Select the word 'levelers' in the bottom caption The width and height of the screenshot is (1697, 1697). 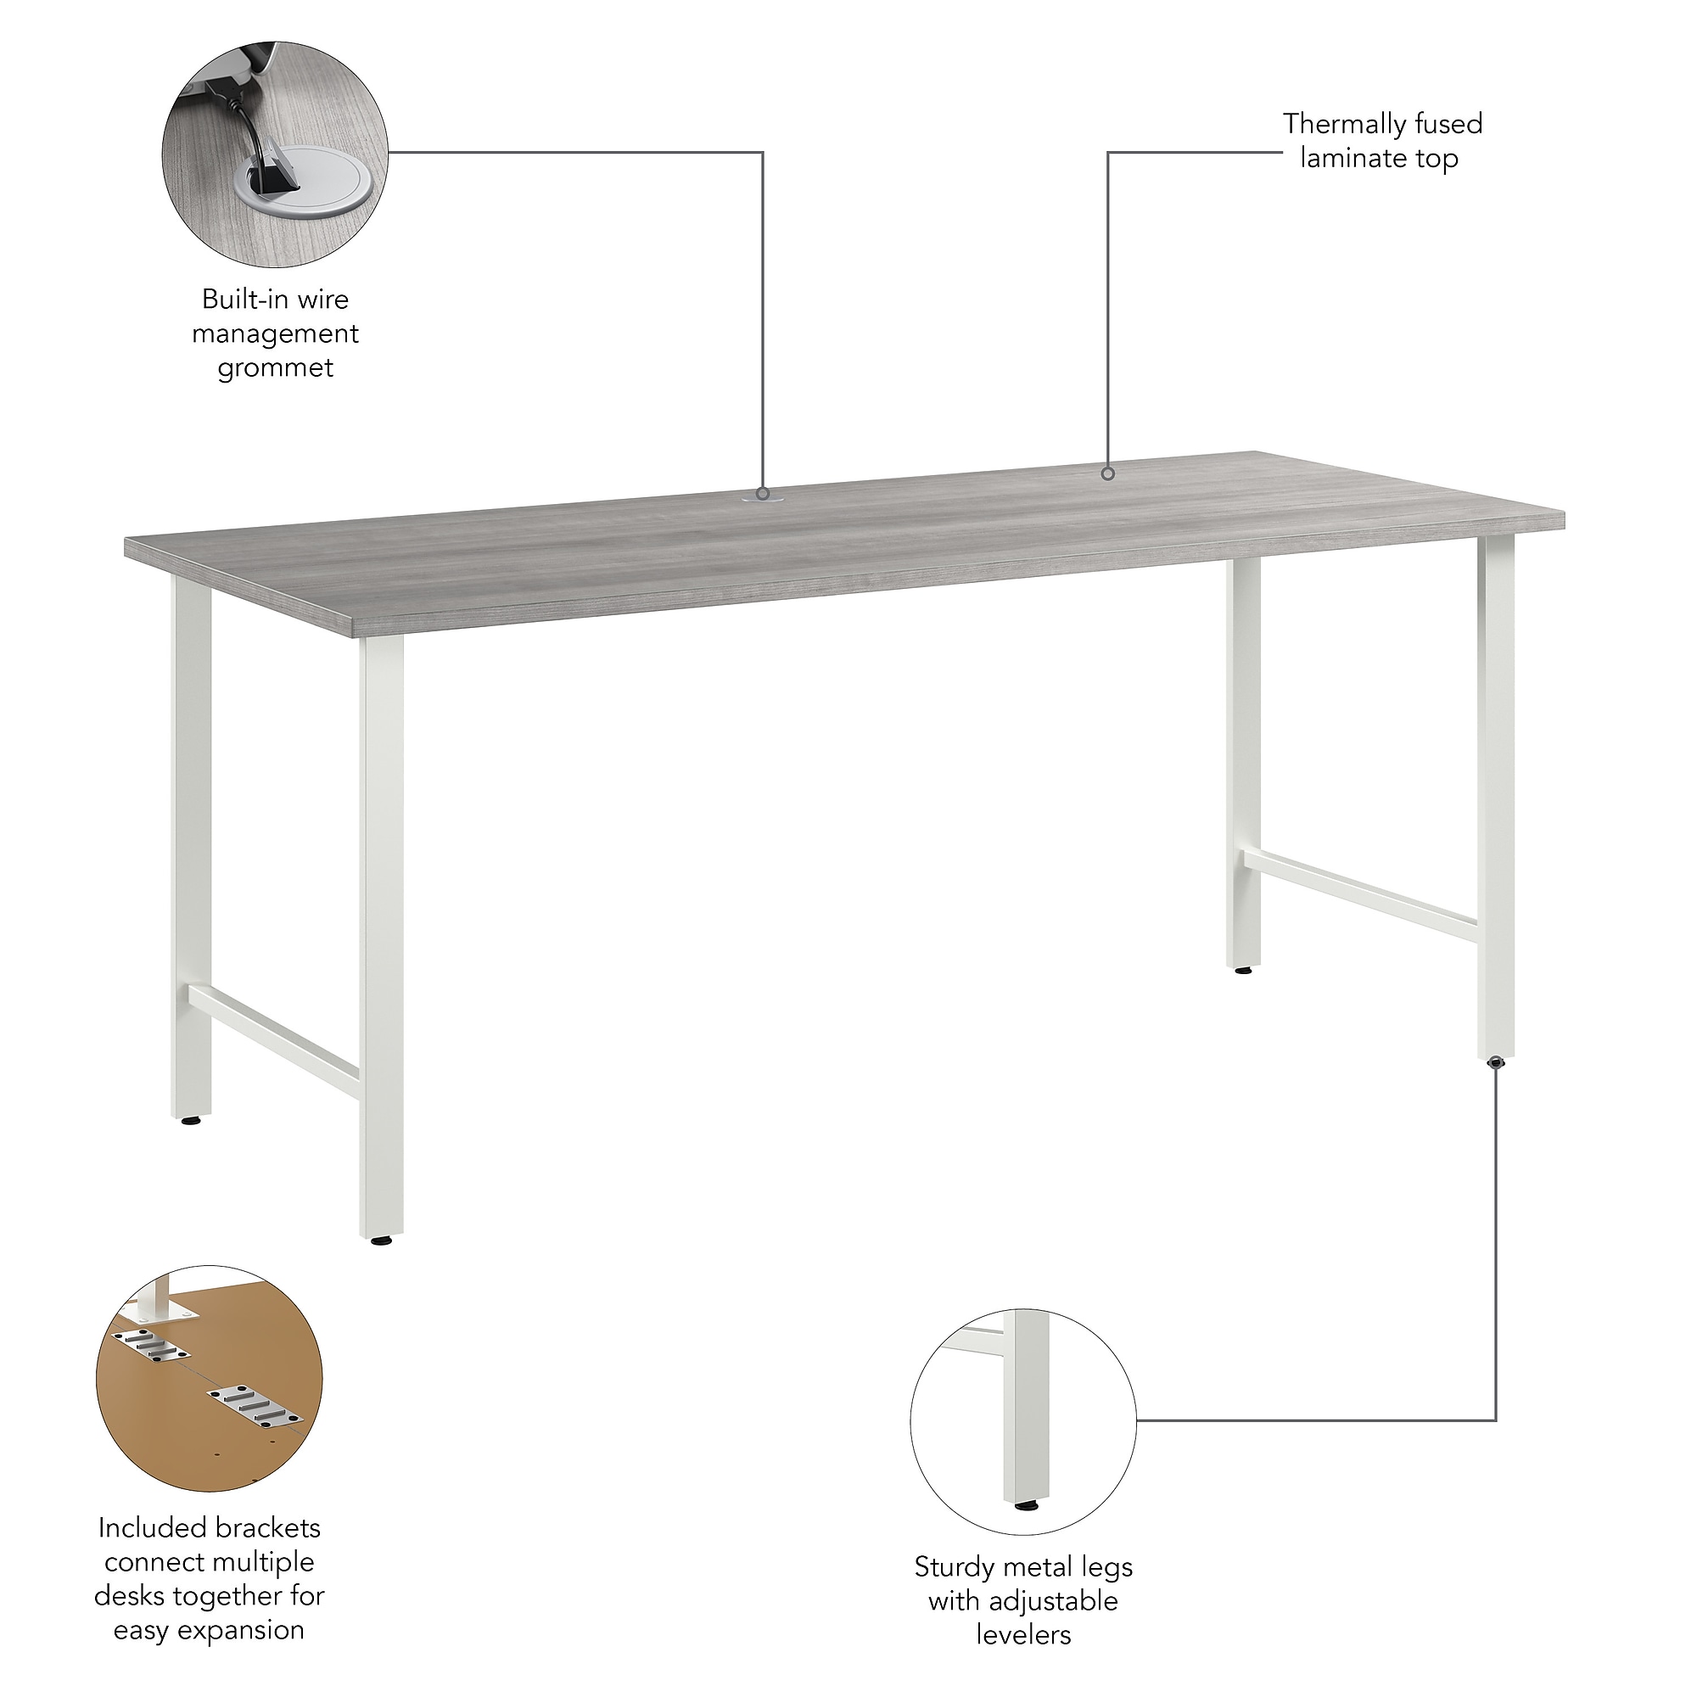[x=1023, y=1636]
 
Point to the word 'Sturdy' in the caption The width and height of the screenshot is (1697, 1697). [x=954, y=1568]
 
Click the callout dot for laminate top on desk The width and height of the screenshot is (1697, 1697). [x=1108, y=474]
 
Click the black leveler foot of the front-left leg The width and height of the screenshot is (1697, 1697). [x=380, y=1241]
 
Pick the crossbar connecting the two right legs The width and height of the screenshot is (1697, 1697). [x=1359, y=896]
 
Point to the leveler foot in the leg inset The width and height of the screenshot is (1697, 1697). [x=1024, y=1506]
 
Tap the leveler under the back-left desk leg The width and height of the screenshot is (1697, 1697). [x=190, y=1122]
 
